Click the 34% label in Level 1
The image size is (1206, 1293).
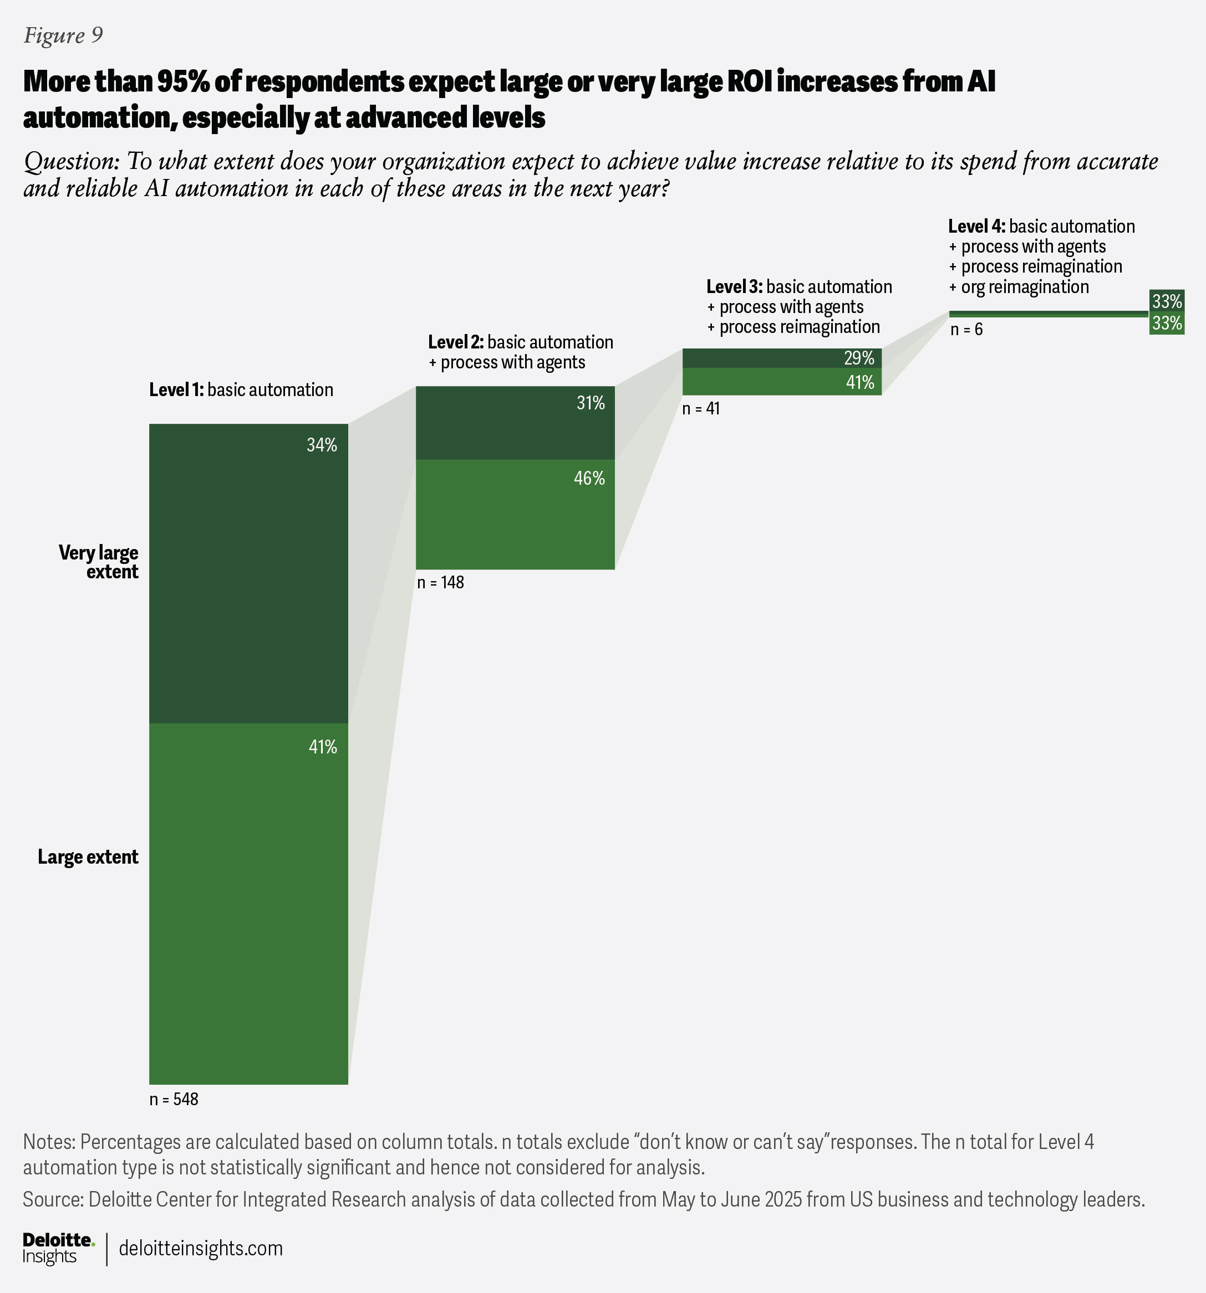[x=322, y=445]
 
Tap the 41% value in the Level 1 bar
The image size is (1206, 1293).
[x=322, y=747]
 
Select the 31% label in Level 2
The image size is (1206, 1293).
[x=591, y=404]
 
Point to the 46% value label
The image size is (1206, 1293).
[x=589, y=479]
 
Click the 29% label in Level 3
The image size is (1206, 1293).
[x=859, y=358]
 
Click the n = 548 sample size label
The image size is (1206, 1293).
[x=174, y=1100]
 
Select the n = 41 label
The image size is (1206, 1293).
[x=701, y=409]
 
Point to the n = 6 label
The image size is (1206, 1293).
[x=966, y=330]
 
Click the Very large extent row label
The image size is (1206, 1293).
[x=99, y=562]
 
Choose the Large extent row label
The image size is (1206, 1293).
[x=88, y=857]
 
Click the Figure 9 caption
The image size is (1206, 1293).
[x=63, y=36]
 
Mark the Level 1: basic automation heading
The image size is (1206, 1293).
[x=241, y=390]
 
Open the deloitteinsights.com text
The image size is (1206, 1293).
[x=201, y=1248]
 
